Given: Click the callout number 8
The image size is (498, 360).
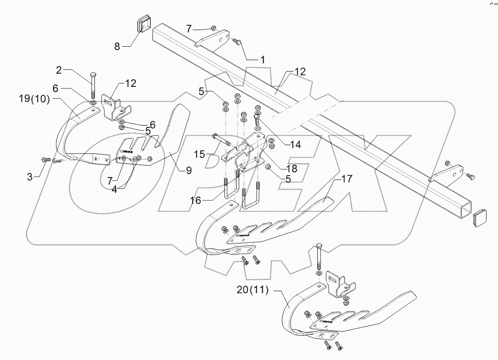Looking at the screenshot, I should (x=117, y=46).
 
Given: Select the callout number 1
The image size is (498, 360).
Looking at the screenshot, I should (x=262, y=60).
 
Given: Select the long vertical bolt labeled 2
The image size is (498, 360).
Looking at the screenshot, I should (x=93, y=86).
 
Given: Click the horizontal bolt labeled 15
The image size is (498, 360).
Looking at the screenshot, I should (x=220, y=139).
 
